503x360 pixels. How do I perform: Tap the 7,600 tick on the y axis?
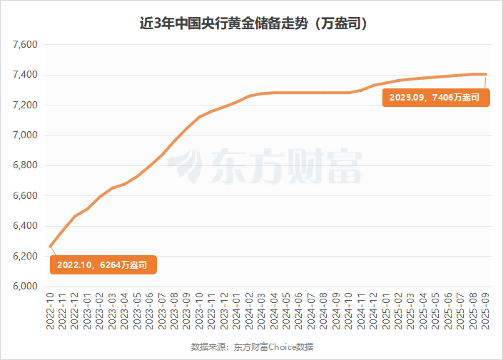(x=25, y=45)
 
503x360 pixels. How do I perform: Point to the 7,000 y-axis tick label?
(x=25, y=135)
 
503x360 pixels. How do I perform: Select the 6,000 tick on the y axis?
(x=25, y=287)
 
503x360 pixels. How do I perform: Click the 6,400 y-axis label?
(x=25, y=226)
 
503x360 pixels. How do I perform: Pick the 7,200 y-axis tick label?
(x=25, y=106)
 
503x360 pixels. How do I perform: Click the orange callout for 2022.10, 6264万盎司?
(x=103, y=265)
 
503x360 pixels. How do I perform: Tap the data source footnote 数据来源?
(x=252, y=347)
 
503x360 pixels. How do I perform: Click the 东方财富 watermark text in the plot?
(x=285, y=165)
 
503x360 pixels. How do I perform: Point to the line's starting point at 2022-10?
(x=50, y=247)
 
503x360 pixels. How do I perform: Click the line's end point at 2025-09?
(x=486, y=74)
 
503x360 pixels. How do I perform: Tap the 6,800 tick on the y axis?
(x=25, y=166)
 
